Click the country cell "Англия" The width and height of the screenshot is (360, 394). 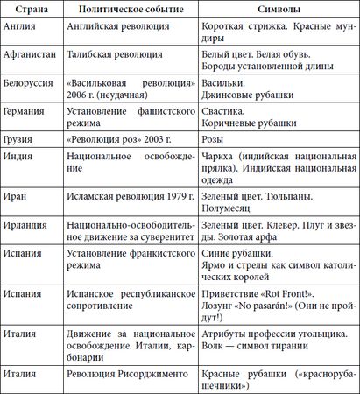23,26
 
